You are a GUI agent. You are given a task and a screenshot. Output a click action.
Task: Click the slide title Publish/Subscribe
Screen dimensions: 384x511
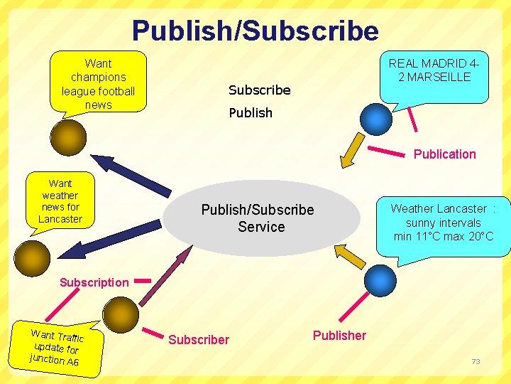point(255,31)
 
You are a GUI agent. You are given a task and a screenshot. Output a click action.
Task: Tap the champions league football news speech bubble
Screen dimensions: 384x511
point(98,83)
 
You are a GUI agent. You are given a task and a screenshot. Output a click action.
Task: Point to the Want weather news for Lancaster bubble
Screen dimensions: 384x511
point(60,201)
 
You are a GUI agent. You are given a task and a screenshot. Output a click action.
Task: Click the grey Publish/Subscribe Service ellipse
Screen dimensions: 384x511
point(258,218)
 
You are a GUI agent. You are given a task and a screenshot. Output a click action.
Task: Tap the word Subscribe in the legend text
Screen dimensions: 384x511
point(259,90)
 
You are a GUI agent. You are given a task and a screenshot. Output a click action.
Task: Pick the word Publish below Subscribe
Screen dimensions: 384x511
point(250,113)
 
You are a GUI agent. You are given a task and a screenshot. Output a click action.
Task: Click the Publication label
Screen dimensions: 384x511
point(444,154)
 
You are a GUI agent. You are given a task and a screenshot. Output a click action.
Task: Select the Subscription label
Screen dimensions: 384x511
point(94,282)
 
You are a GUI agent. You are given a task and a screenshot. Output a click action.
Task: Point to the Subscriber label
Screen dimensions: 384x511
point(199,340)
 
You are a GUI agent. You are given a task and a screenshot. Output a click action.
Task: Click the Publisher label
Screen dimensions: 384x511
point(339,336)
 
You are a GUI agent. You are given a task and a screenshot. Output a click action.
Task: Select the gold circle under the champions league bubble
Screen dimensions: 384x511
point(68,137)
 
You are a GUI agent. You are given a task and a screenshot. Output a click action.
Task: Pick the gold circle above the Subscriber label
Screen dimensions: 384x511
point(120,312)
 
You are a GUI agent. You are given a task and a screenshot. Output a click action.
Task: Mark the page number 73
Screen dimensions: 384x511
point(476,362)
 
